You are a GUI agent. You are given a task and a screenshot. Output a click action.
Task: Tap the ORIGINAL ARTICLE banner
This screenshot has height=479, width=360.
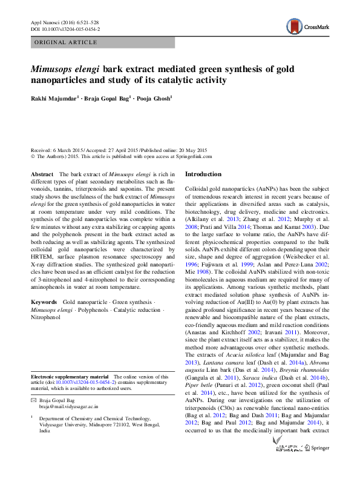pyautogui.click(x=66, y=42)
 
